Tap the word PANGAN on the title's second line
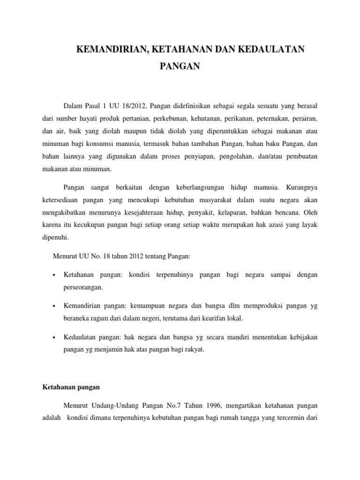coord(180,67)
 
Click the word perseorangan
coord(82,286)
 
